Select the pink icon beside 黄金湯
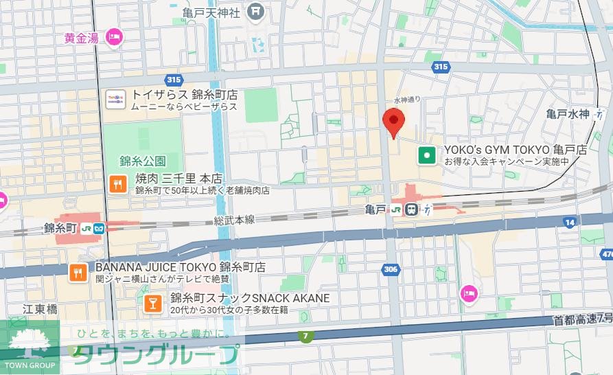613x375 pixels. coord(114,37)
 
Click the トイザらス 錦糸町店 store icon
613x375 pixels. coord(115,100)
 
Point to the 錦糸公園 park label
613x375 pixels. coord(143,161)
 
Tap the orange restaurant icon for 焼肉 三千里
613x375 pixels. coord(117,183)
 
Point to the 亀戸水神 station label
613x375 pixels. coord(568,114)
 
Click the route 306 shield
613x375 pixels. coord(391,269)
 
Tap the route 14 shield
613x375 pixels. coord(569,222)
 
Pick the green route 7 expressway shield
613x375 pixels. coord(304,335)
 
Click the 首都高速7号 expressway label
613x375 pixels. coord(582,319)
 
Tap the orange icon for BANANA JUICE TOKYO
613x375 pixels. coord(78,273)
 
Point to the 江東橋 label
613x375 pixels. coord(39,309)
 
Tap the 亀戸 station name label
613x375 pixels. coord(376,209)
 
